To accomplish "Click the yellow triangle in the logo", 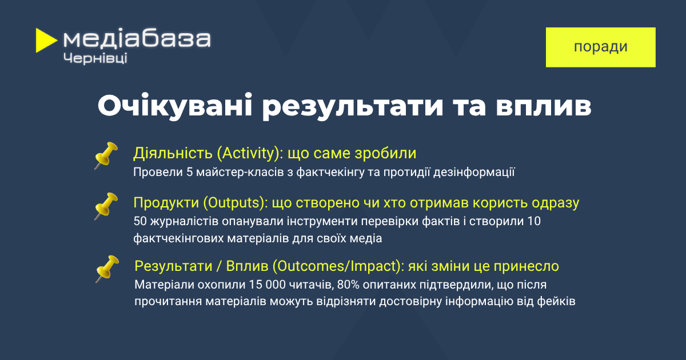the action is click(45, 41).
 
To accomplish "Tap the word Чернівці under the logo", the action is click(95, 58).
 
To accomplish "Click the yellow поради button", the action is click(601, 47).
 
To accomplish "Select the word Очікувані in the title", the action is click(175, 106).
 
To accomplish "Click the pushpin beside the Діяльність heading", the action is click(106, 155).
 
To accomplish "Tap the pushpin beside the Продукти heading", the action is click(106, 206).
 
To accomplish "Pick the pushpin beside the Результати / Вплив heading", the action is click(107, 269).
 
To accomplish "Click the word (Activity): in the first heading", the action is click(250, 153).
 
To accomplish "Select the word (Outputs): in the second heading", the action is click(236, 203).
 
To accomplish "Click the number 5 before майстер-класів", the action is click(190, 173).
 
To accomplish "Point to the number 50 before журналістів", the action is click(140, 221).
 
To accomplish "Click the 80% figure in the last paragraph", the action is click(348, 285).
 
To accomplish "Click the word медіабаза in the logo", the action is click(137, 39).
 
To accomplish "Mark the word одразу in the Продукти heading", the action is click(555, 203).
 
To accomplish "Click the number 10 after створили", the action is click(534, 221).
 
